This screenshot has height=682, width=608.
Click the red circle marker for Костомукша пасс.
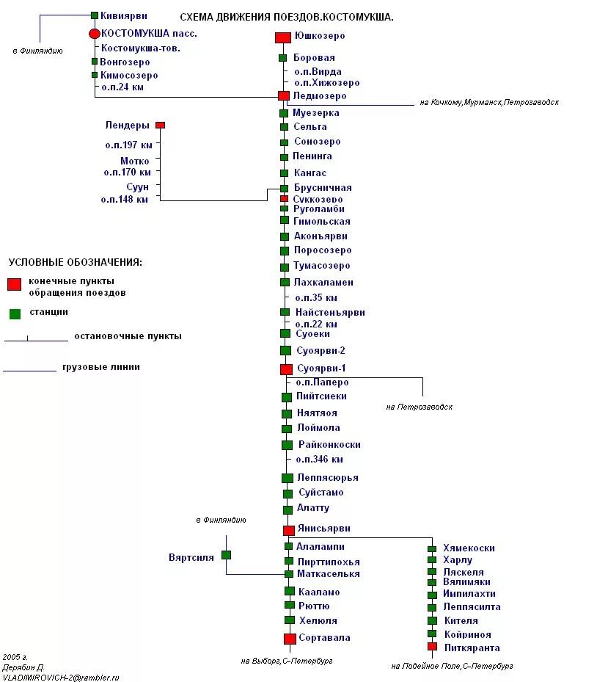94,34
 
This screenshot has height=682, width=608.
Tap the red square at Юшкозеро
282,37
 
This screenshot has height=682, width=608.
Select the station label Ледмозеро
319,96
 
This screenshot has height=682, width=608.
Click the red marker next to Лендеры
160,126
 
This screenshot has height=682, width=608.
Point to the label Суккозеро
318,200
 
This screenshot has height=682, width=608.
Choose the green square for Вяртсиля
226,555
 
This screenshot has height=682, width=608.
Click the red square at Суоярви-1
286,369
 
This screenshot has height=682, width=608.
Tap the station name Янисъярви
323,529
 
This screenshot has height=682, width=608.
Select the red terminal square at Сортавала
290,639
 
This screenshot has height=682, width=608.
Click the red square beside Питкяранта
432,647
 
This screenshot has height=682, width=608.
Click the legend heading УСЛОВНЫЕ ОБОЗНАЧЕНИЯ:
76,262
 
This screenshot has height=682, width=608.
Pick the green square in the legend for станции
15,313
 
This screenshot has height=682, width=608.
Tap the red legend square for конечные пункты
15,285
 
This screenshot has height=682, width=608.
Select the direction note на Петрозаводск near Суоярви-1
419,407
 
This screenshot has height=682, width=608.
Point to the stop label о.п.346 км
319,460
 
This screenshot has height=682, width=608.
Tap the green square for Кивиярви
95,15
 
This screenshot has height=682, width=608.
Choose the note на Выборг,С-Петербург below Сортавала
286,661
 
